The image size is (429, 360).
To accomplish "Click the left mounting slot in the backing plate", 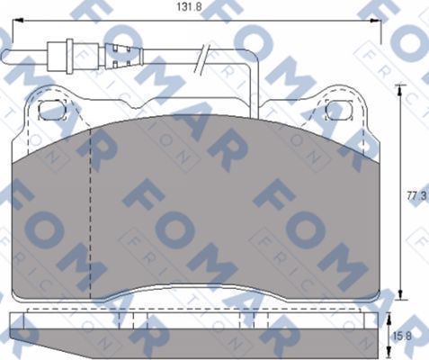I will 53,110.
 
